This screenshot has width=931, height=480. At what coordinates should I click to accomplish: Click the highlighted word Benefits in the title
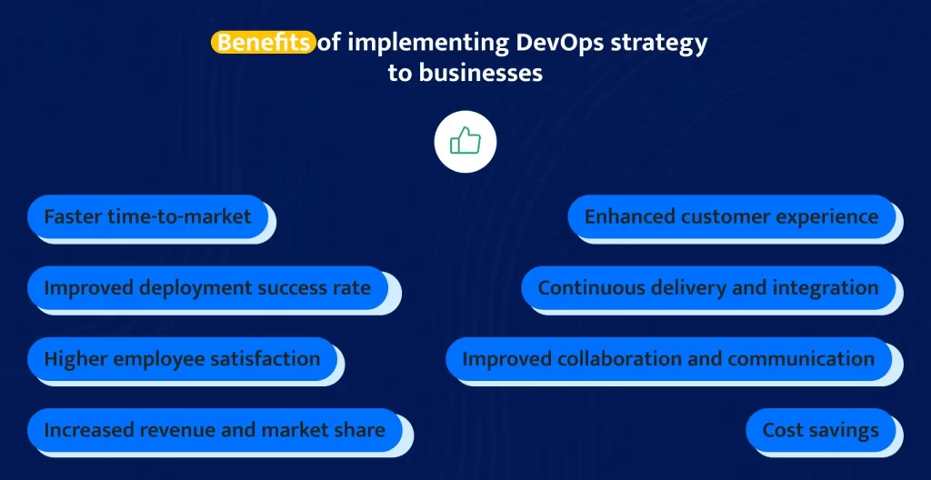263,43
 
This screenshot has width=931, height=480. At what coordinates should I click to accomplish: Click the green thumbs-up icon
465,142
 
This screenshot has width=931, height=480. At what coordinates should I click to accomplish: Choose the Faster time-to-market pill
148,216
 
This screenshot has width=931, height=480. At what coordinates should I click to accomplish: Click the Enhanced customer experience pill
732,216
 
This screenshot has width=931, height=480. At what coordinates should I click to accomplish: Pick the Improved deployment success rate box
208,287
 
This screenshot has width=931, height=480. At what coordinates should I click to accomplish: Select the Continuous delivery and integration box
708,287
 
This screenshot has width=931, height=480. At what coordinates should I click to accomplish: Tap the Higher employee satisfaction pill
182,359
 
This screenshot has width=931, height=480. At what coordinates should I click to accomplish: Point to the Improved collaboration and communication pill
668,359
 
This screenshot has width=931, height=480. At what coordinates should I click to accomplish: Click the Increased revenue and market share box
215,429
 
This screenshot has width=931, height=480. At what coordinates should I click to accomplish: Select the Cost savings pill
821,429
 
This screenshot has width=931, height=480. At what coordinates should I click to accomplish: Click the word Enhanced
629,216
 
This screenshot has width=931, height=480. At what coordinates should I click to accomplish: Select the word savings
845,430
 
